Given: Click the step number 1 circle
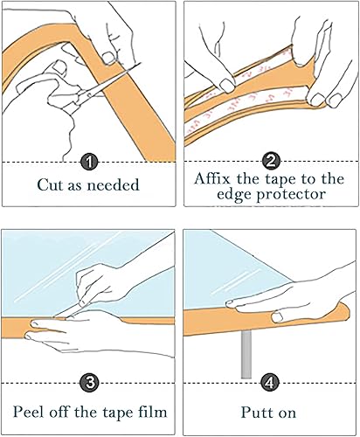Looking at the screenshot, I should pyautogui.click(x=89, y=163).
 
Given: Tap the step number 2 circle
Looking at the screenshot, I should pyautogui.click(x=270, y=163).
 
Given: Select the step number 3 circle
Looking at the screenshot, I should pyautogui.click(x=89, y=383).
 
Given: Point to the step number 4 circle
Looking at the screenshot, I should pyautogui.click(x=270, y=383).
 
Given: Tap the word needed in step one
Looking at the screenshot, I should pyautogui.click(x=118, y=186).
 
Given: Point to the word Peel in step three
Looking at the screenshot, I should pyautogui.click(x=31, y=411).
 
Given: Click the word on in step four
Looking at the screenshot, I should pyautogui.click(x=286, y=411).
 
